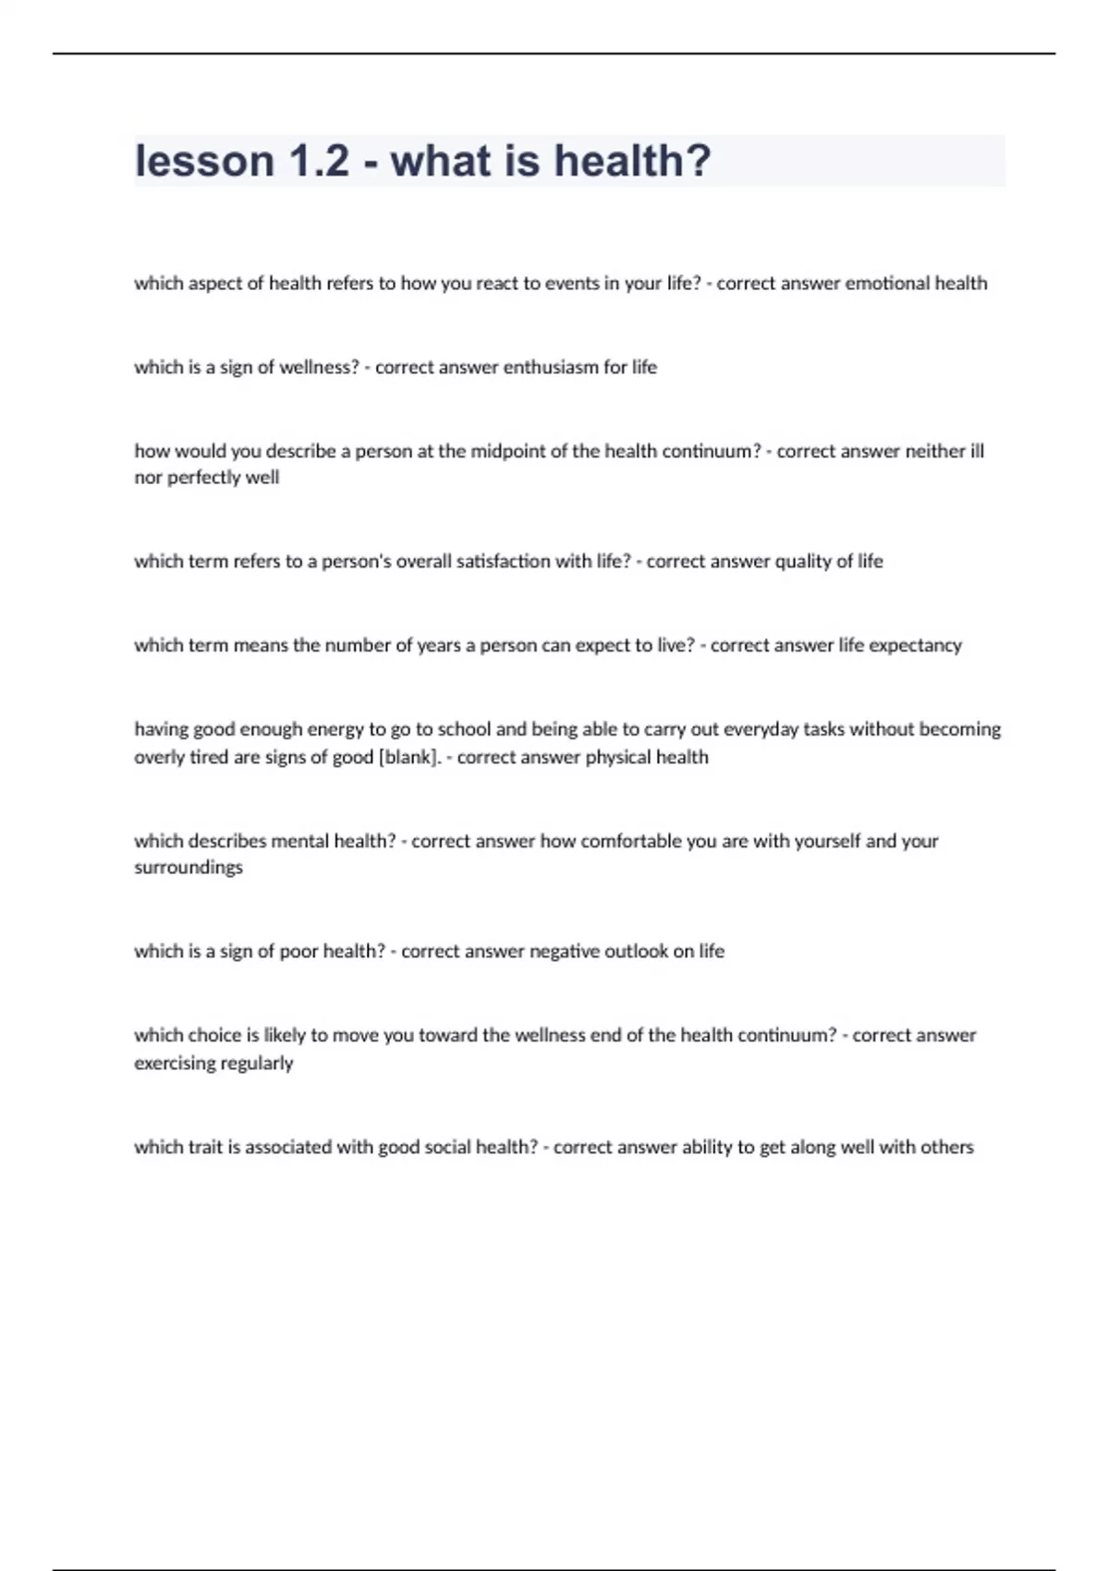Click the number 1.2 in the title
(x=319, y=161)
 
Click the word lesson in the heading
(x=204, y=161)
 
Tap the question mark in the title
(x=699, y=161)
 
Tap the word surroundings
(x=189, y=868)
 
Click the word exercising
(x=172, y=1063)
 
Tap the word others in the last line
(x=946, y=1147)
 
